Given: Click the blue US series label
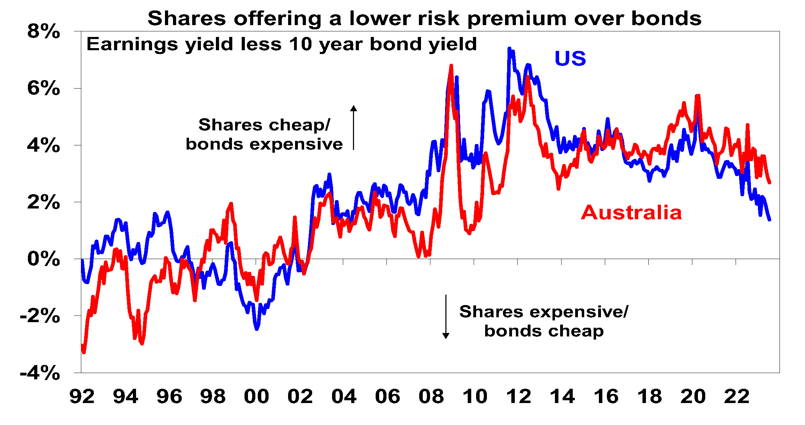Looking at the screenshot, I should coord(570,59).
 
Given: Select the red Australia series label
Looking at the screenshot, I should coord(631,213).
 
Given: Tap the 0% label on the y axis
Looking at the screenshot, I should coord(44,259).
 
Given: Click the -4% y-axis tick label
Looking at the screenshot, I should coord(40,373).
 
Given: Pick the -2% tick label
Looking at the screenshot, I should coord(40,316).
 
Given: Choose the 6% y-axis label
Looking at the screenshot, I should coord(44,88).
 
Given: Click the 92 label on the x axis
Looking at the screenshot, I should coord(82,397).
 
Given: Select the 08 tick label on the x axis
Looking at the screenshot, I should coord(431,397).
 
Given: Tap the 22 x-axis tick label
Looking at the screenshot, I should coord(737,397).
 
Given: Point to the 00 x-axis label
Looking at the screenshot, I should coord(256,397).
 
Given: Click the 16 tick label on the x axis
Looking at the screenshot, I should coord(606,397).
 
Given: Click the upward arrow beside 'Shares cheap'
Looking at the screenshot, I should coord(354,128).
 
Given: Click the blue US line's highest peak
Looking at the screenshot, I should coord(509,48).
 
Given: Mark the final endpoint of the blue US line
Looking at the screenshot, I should coord(769,220).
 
